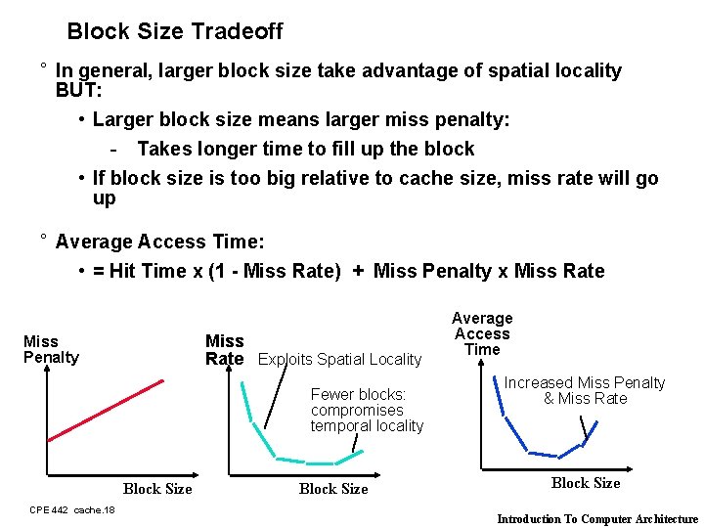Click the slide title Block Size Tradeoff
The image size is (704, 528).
click(x=174, y=31)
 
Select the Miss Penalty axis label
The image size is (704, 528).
click(x=51, y=349)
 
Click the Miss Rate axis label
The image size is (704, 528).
click(x=224, y=349)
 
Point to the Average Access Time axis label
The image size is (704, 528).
click(x=482, y=333)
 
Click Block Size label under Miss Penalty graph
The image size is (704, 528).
click(x=157, y=489)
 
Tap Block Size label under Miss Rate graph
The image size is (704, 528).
click(x=333, y=489)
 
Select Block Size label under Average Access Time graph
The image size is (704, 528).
click(x=586, y=482)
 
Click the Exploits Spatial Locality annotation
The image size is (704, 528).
click(x=339, y=360)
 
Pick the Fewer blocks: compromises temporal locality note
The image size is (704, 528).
click(x=367, y=410)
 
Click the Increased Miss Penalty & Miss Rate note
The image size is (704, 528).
click(x=585, y=390)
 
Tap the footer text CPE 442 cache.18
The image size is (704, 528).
click(x=72, y=509)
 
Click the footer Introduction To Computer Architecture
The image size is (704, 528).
click(x=597, y=519)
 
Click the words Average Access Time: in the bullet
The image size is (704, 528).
click(x=160, y=242)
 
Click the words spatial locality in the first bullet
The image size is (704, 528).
click(x=560, y=70)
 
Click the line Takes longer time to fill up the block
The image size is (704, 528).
click(x=305, y=149)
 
